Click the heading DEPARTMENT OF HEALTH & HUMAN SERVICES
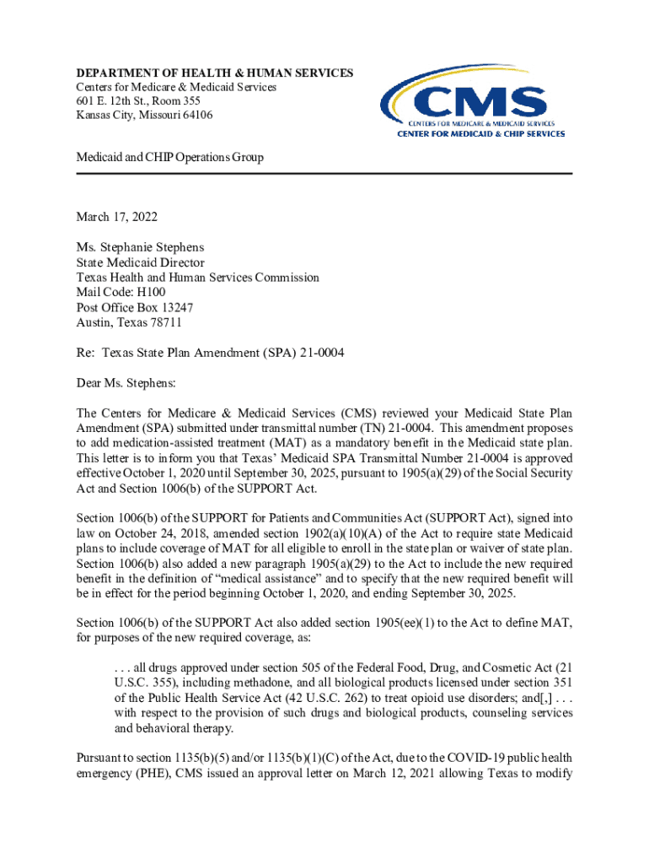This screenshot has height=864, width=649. (x=214, y=73)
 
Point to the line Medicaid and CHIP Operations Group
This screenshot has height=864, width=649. (x=169, y=157)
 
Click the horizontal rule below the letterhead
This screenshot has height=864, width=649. (x=324, y=174)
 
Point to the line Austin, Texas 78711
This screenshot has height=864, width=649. (x=128, y=322)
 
